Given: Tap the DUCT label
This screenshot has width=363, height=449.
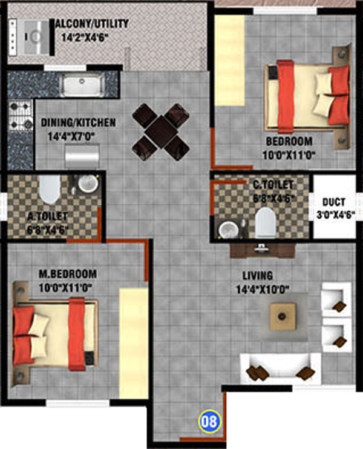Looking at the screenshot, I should point(334,202).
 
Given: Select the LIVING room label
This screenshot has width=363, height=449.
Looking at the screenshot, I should point(258,276).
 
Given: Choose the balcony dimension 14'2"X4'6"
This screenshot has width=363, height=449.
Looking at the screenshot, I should point(94,35).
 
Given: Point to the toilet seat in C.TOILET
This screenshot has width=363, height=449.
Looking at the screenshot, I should point(264,222).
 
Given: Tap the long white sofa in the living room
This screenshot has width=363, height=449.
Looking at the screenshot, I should point(279,367).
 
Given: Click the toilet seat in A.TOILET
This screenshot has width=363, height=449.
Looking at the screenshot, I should point(47,189).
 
